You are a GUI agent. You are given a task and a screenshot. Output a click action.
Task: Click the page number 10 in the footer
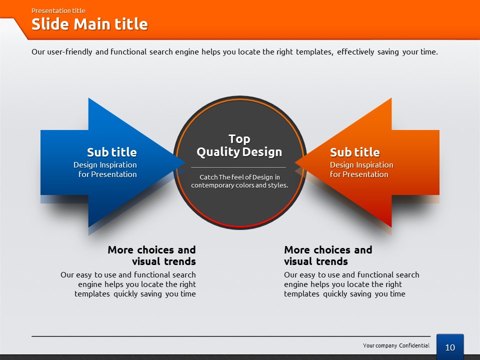pos(450,347)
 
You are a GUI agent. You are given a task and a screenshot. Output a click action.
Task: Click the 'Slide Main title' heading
pos(89,24)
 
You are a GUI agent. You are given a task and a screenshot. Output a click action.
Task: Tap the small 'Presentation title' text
pos(58,10)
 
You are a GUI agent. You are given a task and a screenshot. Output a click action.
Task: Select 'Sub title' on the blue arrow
pos(111,152)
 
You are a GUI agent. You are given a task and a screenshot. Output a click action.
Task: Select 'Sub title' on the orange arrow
pos(355,152)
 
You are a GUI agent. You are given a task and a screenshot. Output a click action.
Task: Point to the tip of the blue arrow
pos(185,162)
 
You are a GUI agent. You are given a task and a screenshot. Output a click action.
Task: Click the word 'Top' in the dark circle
pos(239,139)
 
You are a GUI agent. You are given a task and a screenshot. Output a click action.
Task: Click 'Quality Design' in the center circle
pos(239,152)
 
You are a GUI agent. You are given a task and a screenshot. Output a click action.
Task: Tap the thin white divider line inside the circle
pos(238,167)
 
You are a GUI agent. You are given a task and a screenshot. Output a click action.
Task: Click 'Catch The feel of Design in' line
pos(239,177)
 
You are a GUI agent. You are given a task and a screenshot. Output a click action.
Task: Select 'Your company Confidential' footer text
pos(396,345)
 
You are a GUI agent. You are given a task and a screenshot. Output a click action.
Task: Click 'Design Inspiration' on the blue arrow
pos(105,165)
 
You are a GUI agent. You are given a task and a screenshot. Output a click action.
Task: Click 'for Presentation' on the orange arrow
pos(359,174)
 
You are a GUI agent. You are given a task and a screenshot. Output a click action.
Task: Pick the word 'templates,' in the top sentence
pos(314,52)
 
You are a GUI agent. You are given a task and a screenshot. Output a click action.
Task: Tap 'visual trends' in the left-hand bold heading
pos(164,261)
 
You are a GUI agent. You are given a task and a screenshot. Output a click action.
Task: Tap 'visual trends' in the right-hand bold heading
pos(316,261)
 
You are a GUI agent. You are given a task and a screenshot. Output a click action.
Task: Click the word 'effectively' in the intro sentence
pos(355,51)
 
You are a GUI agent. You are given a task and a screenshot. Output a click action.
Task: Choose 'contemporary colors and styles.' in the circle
pos(239,185)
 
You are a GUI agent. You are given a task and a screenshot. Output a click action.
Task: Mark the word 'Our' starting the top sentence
pos(38,51)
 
